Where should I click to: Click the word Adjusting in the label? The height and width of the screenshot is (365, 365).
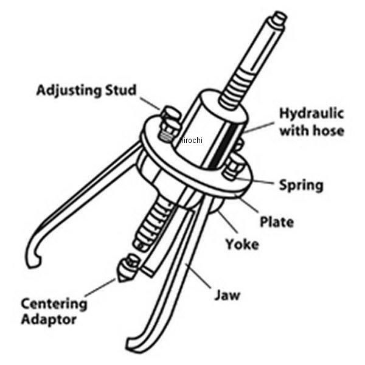tap(69, 91)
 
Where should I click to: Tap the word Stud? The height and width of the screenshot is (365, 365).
tap(121, 89)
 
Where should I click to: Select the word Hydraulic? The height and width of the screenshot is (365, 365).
tap(311, 114)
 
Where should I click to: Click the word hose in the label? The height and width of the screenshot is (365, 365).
tap(328, 130)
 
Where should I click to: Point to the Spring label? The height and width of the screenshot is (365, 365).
tap(301, 186)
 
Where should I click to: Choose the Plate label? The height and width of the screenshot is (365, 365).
tap(277, 222)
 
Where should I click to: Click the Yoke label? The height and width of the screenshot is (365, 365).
tap(242, 244)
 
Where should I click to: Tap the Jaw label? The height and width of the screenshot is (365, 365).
tap(227, 295)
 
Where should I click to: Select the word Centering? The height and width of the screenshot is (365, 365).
tap(54, 304)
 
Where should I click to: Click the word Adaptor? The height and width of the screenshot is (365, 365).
tap(49, 319)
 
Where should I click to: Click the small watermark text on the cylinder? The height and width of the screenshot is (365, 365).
tap(191, 140)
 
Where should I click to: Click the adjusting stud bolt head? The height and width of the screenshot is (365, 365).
tap(172, 114)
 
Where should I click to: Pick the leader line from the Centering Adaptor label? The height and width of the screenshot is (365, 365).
tap(100, 287)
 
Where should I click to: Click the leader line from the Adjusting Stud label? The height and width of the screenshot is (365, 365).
tap(150, 103)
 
